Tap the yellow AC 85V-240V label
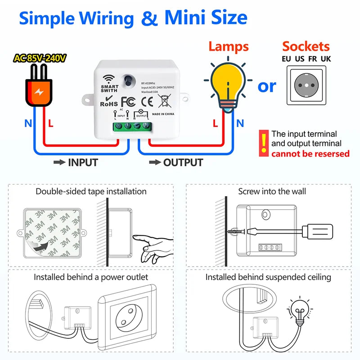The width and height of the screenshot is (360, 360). click(40, 58)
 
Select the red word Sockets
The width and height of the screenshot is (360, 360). click(306, 46)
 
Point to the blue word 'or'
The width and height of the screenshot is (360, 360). click(266, 85)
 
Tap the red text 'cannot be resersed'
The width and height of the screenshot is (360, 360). click(310, 154)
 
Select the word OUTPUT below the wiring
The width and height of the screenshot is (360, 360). click(183, 162)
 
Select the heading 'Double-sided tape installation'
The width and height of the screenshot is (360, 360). click(91, 191)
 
